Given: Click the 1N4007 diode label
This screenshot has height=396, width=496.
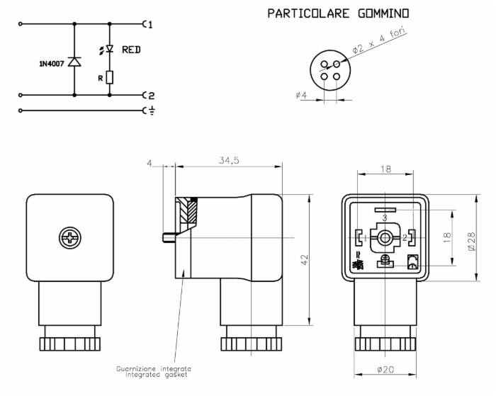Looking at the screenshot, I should pos(52,64).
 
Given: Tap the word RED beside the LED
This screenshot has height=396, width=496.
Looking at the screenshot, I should pos(132,50).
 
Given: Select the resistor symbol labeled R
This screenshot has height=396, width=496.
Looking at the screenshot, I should pos(109,77).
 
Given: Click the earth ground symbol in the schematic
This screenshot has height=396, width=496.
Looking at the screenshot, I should pos(150,111).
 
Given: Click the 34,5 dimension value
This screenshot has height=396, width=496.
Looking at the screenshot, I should pos(229,161).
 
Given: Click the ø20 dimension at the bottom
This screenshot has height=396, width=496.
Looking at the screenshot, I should pos(385,370).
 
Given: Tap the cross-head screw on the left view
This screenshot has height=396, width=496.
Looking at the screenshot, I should pos(69,237).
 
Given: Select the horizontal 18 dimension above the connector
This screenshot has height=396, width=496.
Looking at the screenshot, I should pos(385,169).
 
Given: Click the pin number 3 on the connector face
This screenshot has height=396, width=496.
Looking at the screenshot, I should pos(384,217).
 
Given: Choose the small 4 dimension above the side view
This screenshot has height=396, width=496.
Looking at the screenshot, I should pos(150,163).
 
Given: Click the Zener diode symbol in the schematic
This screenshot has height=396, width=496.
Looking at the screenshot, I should pos(74,62).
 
